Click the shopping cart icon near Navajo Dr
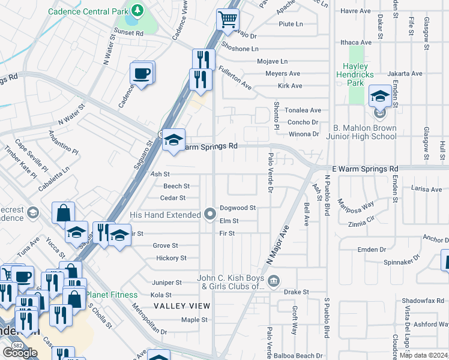pyautogui.click(x=228, y=20)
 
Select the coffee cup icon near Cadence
pyautogui.click(x=142, y=74)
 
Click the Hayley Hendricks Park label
pyautogui.click(x=359, y=74)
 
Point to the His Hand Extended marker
pyautogui.click(x=209, y=214)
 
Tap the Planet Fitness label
pyautogui.click(x=111, y=295)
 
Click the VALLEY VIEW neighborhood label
pyautogui.click(x=182, y=306)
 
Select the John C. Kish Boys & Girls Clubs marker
pyautogui.click(x=274, y=279)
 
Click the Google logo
pyautogui.click(x=20, y=353)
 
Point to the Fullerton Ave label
pyautogui.click(x=234, y=78)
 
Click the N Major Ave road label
pyautogui.click(x=278, y=245)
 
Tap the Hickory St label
pyautogui.click(x=171, y=258)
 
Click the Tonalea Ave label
pyautogui.click(x=303, y=110)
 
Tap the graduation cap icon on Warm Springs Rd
pyautogui.click(x=173, y=140)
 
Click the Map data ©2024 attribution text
pyautogui.click(x=423, y=355)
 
